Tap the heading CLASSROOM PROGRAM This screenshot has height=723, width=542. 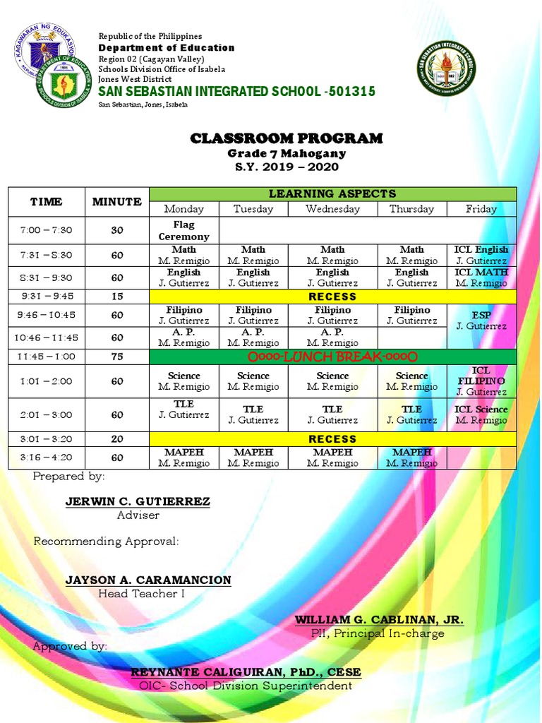click(x=287, y=138)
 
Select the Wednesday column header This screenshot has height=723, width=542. click(x=332, y=209)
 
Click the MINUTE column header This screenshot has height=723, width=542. click(x=117, y=202)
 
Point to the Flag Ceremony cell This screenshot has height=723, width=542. click(x=183, y=231)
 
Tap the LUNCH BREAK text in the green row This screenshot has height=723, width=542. click(x=332, y=357)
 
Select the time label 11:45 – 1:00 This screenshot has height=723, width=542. click(x=46, y=357)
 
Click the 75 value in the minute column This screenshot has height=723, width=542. click(x=117, y=357)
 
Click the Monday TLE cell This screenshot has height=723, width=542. click(x=183, y=410)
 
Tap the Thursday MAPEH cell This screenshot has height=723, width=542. click(x=411, y=458)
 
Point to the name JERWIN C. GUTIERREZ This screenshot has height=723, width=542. click(x=138, y=502)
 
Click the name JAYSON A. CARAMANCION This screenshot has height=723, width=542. click(x=148, y=580)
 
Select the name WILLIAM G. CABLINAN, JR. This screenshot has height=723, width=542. click(x=379, y=620)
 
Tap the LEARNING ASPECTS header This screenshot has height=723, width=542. click(x=332, y=193)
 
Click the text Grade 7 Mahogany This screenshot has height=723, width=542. click(x=287, y=153)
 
